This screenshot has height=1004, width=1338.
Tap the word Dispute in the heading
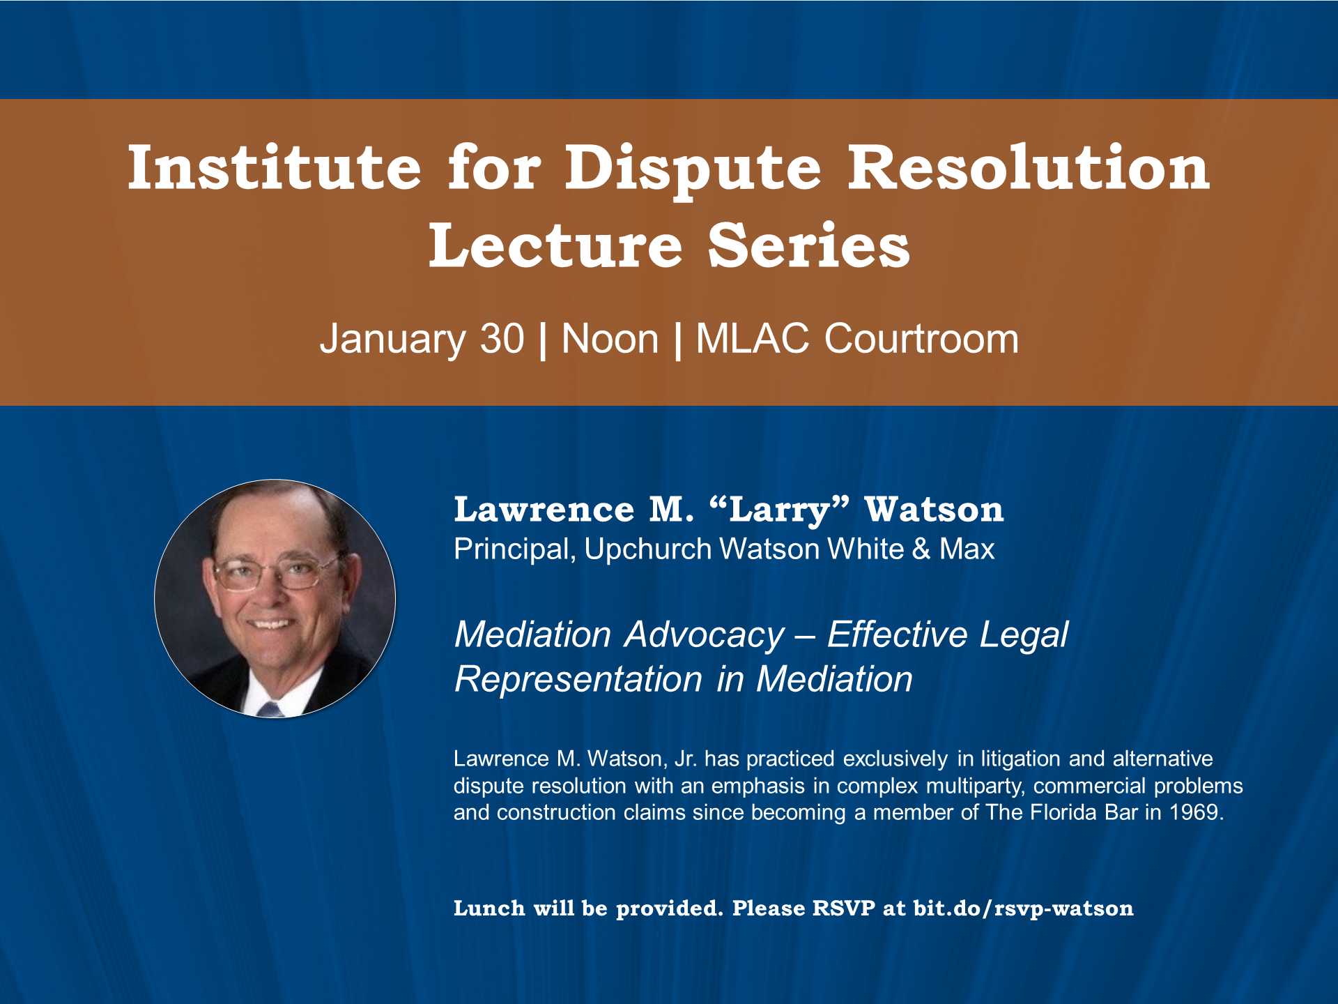(x=693, y=172)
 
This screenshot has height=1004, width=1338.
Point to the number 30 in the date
(x=502, y=339)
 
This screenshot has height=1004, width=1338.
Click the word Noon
(x=610, y=339)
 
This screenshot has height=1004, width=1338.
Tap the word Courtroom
(x=921, y=339)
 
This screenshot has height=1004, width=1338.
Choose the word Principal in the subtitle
(x=514, y=549)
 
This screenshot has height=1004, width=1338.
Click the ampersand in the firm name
(x=921, y=549)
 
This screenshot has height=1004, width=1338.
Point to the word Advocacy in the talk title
(x=705, y=635)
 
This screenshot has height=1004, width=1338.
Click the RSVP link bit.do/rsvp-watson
(x=1023, y=909)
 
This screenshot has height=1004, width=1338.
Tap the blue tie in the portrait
(x=270, y=710)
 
